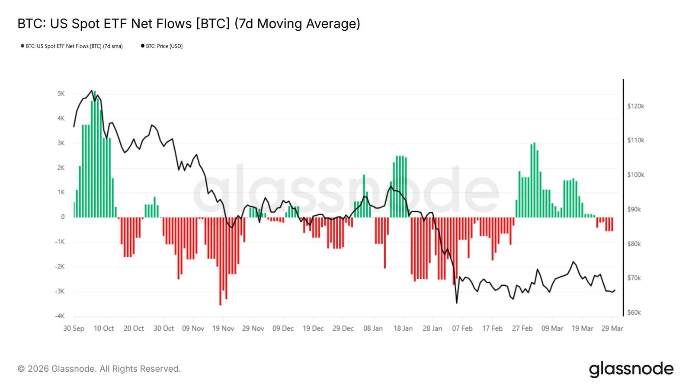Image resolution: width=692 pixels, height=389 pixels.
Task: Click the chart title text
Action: pos(189,24)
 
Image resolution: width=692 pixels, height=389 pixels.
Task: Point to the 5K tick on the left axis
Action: pos(61,94)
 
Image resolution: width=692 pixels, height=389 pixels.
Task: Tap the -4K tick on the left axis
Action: pos(60,316)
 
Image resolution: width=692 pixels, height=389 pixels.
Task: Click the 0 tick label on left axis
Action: pos(63,217)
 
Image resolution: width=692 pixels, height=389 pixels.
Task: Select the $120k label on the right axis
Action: pos(635,106)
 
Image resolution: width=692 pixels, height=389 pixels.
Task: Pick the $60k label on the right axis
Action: pos(634,312)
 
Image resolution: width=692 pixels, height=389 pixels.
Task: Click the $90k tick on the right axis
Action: pos(634,209)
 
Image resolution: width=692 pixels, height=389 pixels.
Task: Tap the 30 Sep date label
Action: pos(74,328)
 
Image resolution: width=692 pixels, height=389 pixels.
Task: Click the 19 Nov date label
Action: pos(223,328)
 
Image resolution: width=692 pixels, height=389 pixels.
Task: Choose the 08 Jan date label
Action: pos(373,328)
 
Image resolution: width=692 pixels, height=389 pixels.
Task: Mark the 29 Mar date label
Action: pos(612,328)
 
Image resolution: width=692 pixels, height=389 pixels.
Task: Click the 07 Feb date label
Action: pos(462,328)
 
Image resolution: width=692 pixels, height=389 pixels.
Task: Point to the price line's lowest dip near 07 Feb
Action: pos(457,303)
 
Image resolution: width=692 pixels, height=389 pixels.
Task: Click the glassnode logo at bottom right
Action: pos(631,369)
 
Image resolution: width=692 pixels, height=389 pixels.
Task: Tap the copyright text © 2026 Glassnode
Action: pos(99,369)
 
